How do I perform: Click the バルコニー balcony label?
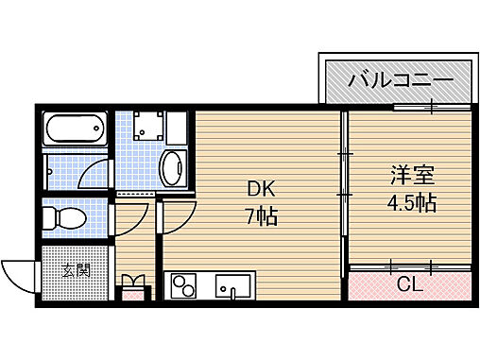[x=396, y=79]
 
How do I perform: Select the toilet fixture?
[x=67, y=218]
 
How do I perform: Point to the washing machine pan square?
[x=147, y=128]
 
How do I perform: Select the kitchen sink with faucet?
[x=231, y=284]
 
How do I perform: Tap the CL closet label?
[x=409, y=283]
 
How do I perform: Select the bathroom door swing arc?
[x=94, y=175]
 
